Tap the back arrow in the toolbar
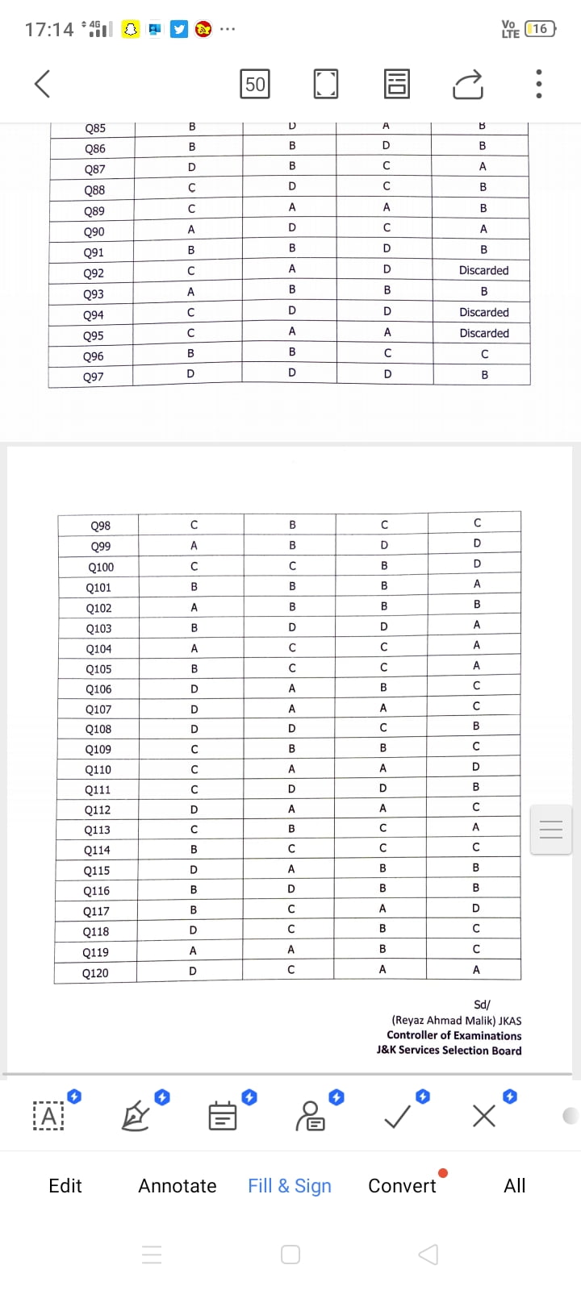[43, 83]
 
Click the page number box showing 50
[255, 84]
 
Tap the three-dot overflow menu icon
[539, 84]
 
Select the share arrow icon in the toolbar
[468, 84]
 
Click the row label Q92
[94, 273]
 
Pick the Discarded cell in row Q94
[484, 313]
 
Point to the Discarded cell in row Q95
[484, 333]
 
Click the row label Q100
[101, 567]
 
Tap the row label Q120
[95, 973]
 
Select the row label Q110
[98, 770]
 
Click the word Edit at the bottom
[65, 1185]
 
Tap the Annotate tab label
[178, 1185]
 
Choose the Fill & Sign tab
[290, 1185]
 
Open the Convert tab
[402, 1185]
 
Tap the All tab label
[515, 1185]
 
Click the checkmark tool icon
[397, 1117]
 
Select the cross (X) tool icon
[484, 1117]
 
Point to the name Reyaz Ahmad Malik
[444, 1020]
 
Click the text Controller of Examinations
[454, 1035]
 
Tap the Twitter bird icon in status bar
[179, 29]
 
